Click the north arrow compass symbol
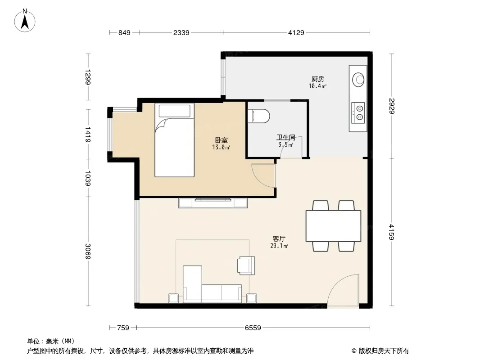click(25, 21)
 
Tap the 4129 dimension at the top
click(296, 32)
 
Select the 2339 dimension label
click(181, 32)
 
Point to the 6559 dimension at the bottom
click(253, 328)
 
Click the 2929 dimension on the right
click(392, 106)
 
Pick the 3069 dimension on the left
click(88, 251)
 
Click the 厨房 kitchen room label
click(318, 79)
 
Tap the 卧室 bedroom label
click(222, 140)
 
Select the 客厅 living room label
click(279, 238)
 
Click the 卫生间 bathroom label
click(285, 138)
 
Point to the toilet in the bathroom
click(258, 116)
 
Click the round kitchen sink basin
click(358, 80)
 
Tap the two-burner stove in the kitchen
click(358, 112)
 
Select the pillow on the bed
click(175, 111)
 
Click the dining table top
click(333, 226)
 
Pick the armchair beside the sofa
click(246, 265)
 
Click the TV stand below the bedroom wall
click(213, 203)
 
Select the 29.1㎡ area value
click(279, 246)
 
